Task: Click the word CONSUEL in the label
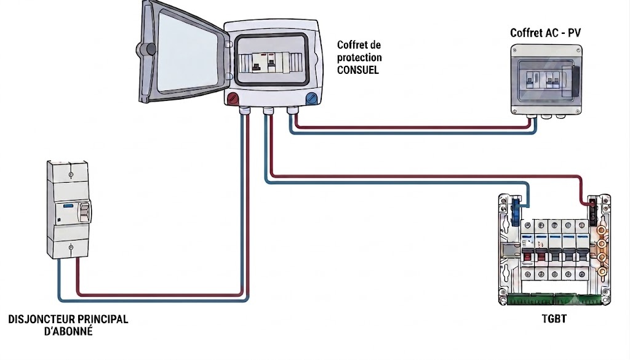(x=357, y=70)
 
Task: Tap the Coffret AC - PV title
(x=545, y=33)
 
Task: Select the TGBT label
(x=554, y=319)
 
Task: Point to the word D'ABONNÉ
(x=68, y=332)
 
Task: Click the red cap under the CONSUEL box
(x=233, y=98)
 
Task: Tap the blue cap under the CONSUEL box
(x=311, y=98)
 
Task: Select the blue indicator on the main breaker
(x=68, y=206)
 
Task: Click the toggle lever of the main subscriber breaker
(x=84, y=212)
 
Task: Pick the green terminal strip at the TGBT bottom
(x=554, y=299)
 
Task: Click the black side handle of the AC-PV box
(x=575, y=82)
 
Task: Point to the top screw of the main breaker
(x=71, y=175)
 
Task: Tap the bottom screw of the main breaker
(x=71, y=247)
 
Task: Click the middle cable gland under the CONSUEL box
(x=268, y=110)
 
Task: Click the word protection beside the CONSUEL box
(x=359, y=57)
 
